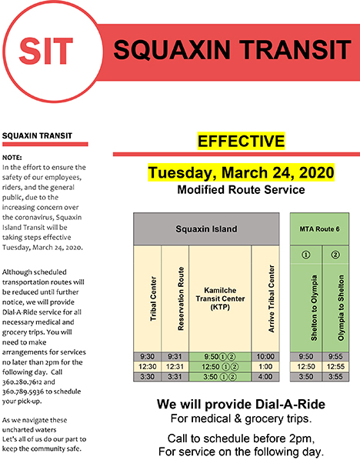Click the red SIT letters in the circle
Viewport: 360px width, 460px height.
(46, 51)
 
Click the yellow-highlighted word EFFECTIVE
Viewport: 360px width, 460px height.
(241, 141)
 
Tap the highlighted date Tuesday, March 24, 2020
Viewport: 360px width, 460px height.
(241, 172)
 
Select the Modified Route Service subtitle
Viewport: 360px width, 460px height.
(241, 190)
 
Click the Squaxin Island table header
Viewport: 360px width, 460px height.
(206, 228)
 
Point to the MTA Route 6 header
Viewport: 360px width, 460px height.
(319, 228)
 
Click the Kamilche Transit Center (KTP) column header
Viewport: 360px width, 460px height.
(220, 298)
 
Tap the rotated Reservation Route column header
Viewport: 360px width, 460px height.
(181, 298)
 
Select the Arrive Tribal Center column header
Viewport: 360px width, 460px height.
(272, 298)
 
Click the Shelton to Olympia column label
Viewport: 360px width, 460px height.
(314, 308)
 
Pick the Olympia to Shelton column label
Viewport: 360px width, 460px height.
(341, 308)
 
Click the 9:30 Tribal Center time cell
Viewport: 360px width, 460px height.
(147, 357)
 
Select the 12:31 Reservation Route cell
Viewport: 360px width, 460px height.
(175, 367)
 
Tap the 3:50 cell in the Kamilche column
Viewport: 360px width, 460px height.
(220, 377)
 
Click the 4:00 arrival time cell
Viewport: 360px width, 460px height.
(265, 377)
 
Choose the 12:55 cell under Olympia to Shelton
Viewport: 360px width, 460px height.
(335, 367)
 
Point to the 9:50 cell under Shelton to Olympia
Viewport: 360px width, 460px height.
(305, 357)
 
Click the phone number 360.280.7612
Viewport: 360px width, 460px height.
(22, 382)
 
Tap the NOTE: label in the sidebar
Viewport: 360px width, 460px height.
(12, 158)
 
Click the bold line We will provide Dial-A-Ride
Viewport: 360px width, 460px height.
(241, 405)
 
